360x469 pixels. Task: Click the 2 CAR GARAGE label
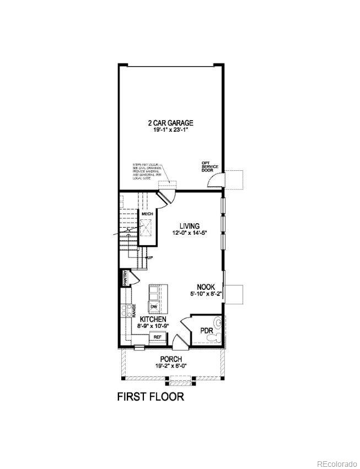click(x=170, y=123)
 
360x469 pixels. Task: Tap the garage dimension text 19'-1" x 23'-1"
click(x=170, y=131)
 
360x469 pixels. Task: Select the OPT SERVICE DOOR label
click(x=207, y=166)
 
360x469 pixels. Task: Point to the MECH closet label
click(x=147, y=214)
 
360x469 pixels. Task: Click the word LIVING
click(x=189, y=226)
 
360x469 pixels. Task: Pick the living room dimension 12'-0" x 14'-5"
click(x=189, y=233)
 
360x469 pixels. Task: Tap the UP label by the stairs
click(x=148, y=257)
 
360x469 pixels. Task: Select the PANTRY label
click(x=125, y=277)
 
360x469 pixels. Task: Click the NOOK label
click(x=207, y=287)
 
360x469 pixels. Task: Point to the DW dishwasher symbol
click(x=154, y=306)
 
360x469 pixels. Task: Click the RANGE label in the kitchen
click(x=133, y=311)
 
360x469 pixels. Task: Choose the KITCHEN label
click(x=153, y=320)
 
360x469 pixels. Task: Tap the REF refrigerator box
click(x=157, y=336)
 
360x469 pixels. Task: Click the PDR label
click(x=207, y=331)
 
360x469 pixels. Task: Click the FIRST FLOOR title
click(x=150, y=396)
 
